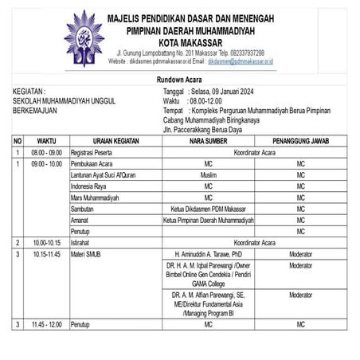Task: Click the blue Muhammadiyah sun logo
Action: point(84,37)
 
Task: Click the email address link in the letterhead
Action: point(240,61)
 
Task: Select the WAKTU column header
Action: point(46,140)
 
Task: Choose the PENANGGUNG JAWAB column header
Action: point(299,140)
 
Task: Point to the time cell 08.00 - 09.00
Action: point(46,151)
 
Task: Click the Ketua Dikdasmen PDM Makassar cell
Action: point(208,209)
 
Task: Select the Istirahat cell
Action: point(83,242)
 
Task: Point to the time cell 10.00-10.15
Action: point(46,242)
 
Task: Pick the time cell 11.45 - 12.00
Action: point(46,324)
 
